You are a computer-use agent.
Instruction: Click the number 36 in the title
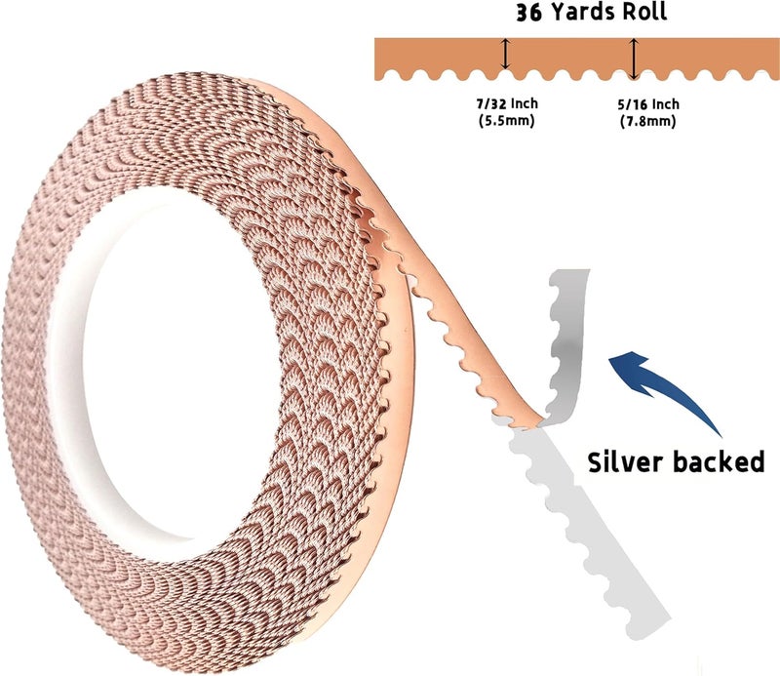(x=528, y=13)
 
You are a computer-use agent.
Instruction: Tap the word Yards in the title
(x=579, y=12)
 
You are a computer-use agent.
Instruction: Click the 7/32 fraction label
(x=490, y=103)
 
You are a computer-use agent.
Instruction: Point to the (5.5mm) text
(x=506, y=120)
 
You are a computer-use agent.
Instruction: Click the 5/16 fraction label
(x=632, y=104)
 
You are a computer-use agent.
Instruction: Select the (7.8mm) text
(x=648, y=121)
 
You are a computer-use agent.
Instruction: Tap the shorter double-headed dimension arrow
(x=505, y=54)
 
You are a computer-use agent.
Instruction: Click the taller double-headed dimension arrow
(x=633, y=59)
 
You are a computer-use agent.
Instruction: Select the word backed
(x=720, y=461)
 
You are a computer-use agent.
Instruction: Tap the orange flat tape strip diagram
(x=577, y=59)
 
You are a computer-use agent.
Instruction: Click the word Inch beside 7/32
(x=525, y=103)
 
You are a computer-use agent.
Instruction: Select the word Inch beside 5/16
(x=666, y=104)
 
